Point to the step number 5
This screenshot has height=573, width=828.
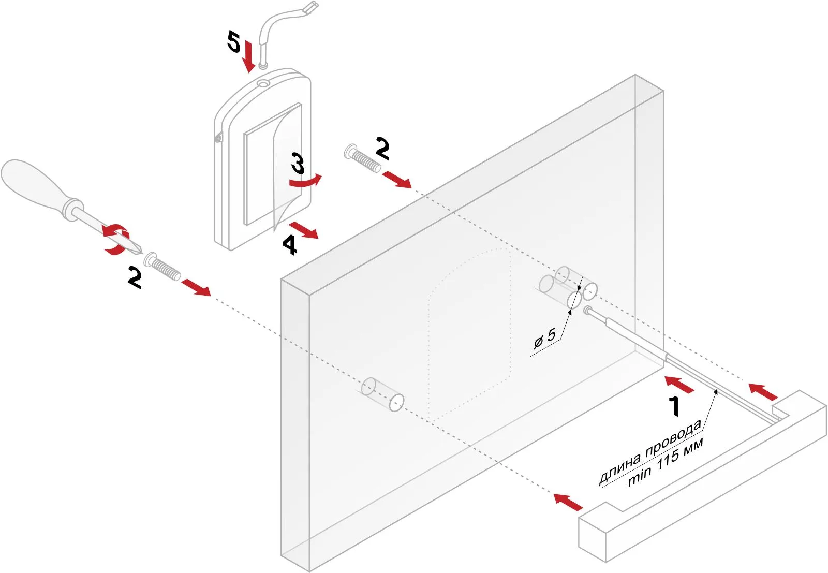pyautogui.click(x=234, y=41)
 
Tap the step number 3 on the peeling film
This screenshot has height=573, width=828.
pyautogui.click(x=298, y=163)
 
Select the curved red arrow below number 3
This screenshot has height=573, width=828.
pyautogui.click(x=305, y=181)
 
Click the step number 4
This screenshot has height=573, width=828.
pyautogui.click(x=289, y=244)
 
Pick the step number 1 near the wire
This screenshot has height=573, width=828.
pyautogui.click(x=674, y=406)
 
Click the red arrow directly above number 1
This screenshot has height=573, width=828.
pyautogui.click(x=679, y=385)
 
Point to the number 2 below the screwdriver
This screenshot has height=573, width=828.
pyautogui.click(x=135, y=278)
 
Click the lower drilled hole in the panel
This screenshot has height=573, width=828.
pyautogui.click(x=383, y=394)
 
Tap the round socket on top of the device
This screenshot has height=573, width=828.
pyautogui.click(x=263, y=83)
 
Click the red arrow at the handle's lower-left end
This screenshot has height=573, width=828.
pyautogui.click(x=568, y=502)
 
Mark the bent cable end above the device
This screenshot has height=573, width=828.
pyautogui.click(x=310, y=8)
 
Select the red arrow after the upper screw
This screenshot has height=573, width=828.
pyautogui.click(x=397, y=180)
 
